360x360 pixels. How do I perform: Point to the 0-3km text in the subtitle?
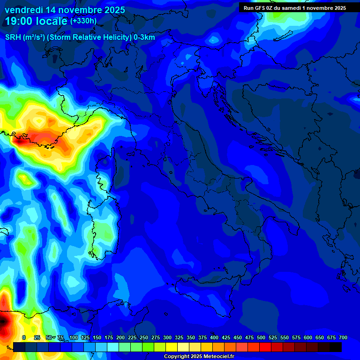click(x=144, y=37)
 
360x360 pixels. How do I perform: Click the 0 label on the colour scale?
click(x=24, y=337)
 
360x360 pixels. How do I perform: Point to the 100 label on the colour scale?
click(x=74, y=337)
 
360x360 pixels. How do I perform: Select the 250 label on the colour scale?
click(x=144, y=337)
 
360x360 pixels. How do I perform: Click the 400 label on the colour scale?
click(x=214, y=337)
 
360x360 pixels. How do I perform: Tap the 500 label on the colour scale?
click(x=261, y=337)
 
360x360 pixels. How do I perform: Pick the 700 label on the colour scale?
click(x=343, y=337)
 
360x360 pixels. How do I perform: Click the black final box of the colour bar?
click(x=336, y=347)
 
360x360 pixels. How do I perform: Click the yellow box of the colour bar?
click(x=172, y=347)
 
